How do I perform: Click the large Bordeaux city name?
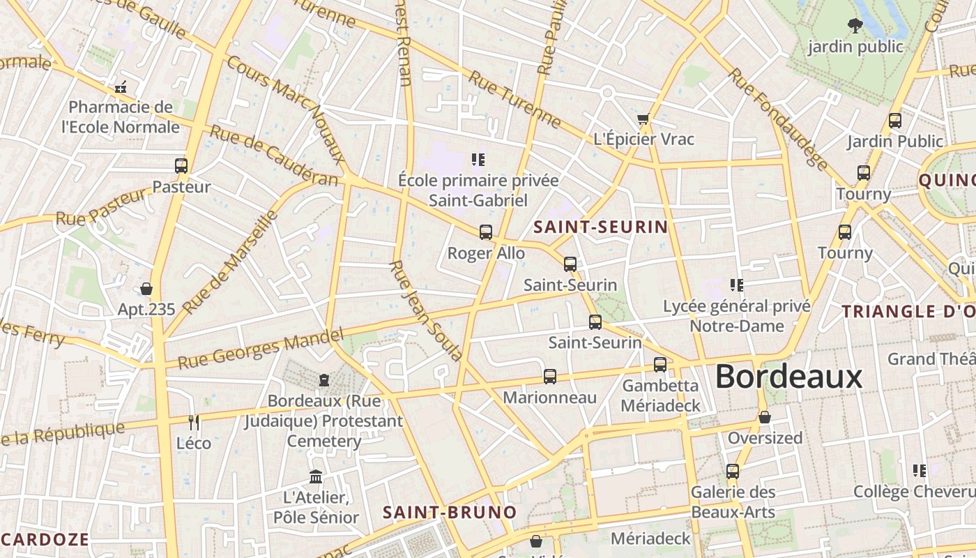tap(788, 377)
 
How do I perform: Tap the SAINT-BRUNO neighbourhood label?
tap(450, 513)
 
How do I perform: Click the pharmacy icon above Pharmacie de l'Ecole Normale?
tap(121, 88)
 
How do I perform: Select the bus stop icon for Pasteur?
tap(181, 166)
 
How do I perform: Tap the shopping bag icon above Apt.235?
tap(146, 289)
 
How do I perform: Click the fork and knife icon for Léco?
tap(194, 422)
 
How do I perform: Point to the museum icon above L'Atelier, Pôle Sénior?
tap(316, 477)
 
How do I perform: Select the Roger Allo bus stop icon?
tap(486, 232)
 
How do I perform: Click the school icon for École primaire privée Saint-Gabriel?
tap(478, 160)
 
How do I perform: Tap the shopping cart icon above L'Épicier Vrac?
tap(643, 119)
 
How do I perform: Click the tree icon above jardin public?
tap(855, 27)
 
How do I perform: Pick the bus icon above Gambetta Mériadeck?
tap(660, 364)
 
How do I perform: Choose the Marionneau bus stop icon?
tap(550, 377)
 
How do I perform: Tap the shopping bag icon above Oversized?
tap(765, 417)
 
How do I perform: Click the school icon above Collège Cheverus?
tap(920, 471)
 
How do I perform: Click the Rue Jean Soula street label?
tap(426, 310)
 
